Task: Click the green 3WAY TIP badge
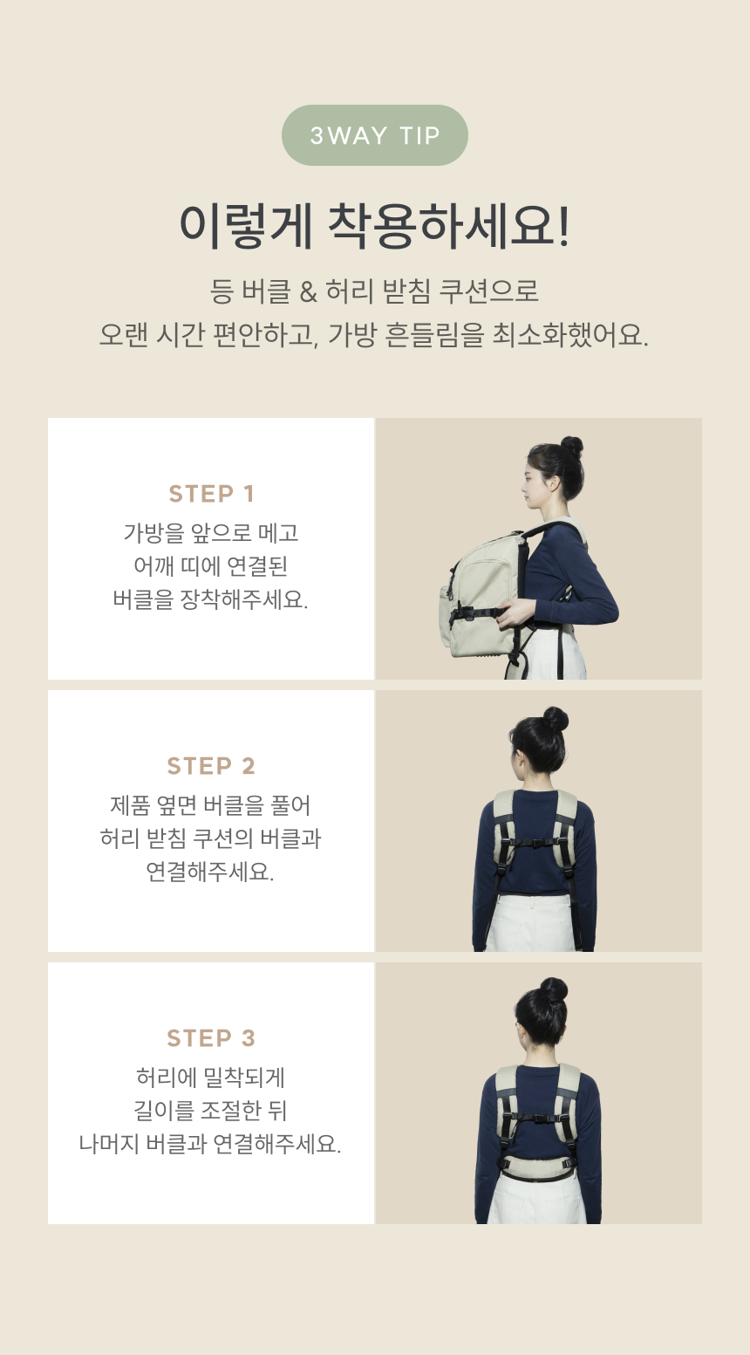(374, 135)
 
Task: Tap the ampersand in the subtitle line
(309, 291)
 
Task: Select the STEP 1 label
(211, 494)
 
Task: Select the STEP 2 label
(211, 766)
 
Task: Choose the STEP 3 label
(211, 1038)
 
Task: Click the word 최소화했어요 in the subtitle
(569, 334)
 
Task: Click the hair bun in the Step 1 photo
(572, 447)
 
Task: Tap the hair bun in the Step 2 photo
(556, 719)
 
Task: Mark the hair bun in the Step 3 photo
(554, 990)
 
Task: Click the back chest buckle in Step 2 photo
(535, 842)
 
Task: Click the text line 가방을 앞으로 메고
(211, 533)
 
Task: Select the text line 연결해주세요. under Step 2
(210, 872)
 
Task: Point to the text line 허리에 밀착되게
(210, 1078)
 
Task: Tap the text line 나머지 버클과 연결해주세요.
(210, 1144)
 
